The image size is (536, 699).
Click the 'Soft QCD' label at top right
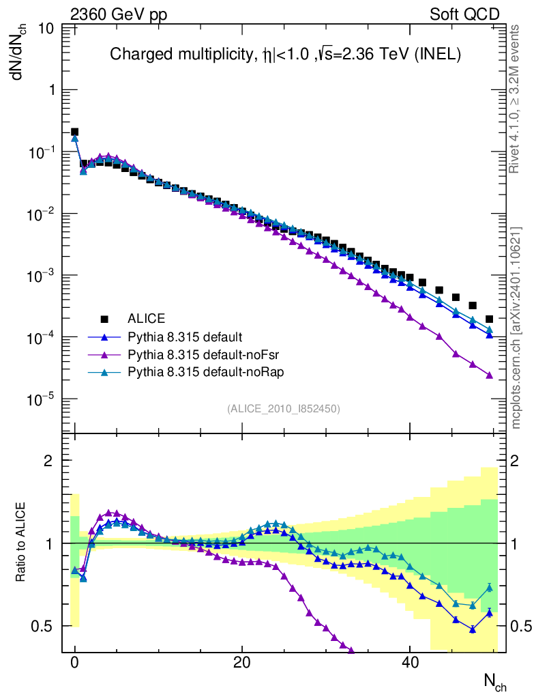point(465,14)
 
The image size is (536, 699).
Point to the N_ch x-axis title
point(494,681)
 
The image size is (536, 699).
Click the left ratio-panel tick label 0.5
point(46,626)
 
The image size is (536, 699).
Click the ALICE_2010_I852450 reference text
point(284,408)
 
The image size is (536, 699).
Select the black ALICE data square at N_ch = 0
point(75,132)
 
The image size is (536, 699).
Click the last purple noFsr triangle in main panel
point(490,375)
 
